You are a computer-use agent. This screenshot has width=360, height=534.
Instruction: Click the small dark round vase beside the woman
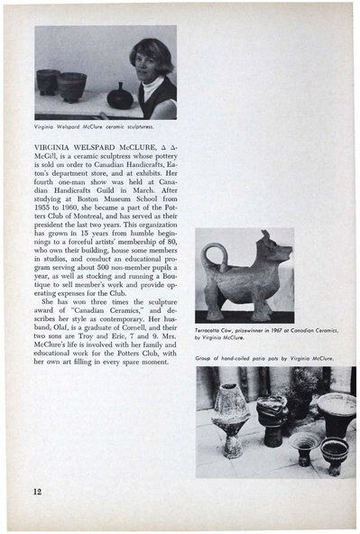[x=118, y=94]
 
